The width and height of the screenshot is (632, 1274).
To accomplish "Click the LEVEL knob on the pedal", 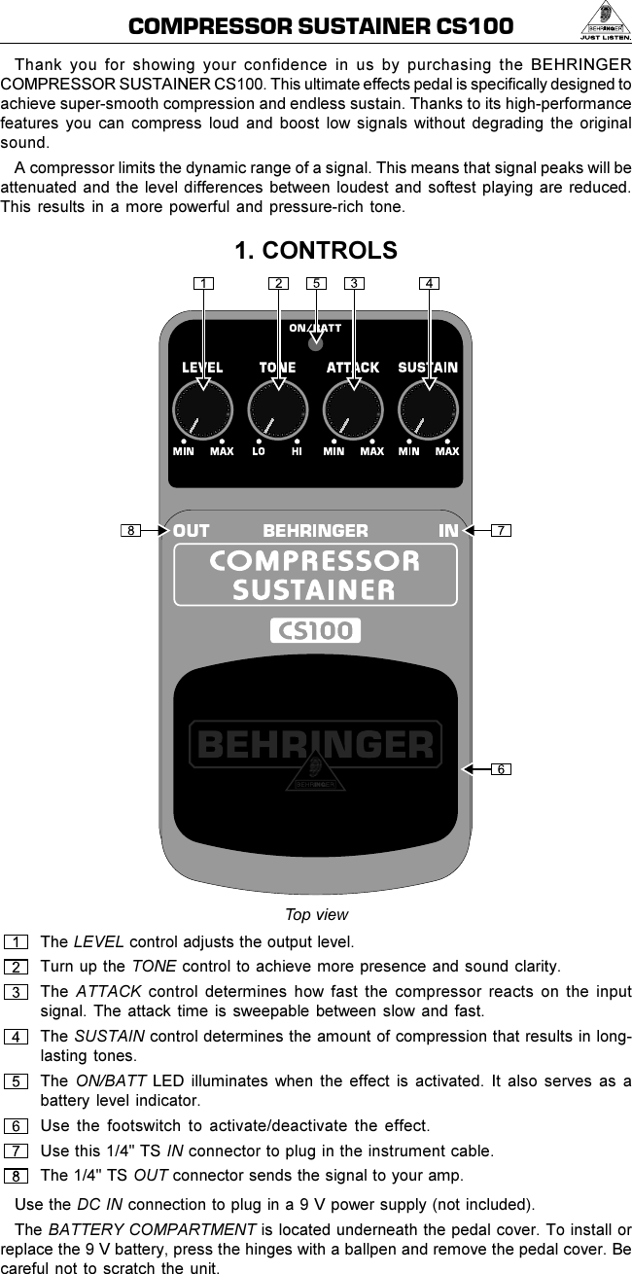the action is (202, 409).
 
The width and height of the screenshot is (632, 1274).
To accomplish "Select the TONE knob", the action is (278, 409).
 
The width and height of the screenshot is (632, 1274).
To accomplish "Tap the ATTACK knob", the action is (353, 409).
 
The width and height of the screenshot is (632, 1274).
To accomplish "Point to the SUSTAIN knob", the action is (428, 409).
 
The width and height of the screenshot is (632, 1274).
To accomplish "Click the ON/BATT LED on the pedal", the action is (315, 343).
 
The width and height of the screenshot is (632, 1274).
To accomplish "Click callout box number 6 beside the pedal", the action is (500, 769).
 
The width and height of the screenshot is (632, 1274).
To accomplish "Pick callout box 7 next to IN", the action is (500, 531).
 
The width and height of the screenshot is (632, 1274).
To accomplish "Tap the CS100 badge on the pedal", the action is (315, 631).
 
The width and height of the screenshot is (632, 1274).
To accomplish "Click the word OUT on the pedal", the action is (192, 531).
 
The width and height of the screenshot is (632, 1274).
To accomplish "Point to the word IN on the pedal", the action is (448, 531).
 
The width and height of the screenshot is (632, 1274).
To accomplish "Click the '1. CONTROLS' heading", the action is (316, 251).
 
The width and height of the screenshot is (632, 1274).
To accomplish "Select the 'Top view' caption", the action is (316, 915).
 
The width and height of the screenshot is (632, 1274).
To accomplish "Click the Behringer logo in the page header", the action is (602, 21).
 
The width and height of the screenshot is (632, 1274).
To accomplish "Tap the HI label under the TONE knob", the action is (297, 451).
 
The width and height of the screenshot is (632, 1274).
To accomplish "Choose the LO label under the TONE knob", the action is (259, 451).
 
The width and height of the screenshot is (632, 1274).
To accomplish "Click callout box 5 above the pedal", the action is (316, 284).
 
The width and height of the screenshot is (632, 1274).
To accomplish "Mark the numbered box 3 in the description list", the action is (17, 992).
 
